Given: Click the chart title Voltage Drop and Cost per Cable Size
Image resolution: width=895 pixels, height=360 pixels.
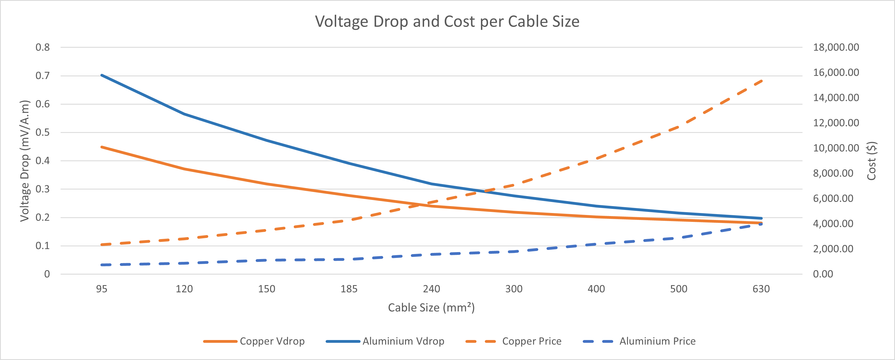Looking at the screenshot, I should pos(447,22).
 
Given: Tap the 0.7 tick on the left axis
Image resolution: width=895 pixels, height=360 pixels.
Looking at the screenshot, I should pos(43,75).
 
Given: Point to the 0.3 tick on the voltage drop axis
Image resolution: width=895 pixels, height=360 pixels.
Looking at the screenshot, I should pos(43,189).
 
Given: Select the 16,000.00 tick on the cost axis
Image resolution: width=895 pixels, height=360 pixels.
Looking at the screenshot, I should pos(836,72).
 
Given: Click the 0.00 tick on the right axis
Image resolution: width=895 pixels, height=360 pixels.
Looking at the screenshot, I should pos(823,274).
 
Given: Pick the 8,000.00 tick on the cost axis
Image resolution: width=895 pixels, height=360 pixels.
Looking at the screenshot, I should pos(833,173).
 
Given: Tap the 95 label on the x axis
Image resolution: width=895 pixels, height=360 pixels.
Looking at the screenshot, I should pos(102,289).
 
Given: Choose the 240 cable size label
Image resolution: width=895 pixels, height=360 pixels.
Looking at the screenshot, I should pos(432,289).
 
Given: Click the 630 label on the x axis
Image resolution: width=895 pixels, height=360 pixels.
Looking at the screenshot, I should pos(761,289).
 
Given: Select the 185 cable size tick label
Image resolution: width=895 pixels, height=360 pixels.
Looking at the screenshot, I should pos(349,289).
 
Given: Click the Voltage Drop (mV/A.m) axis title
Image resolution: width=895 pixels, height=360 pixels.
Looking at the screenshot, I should pos(24,161).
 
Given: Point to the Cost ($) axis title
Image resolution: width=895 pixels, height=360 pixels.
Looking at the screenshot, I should pos(871,161).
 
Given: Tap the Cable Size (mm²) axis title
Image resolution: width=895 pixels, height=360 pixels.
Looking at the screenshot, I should pos(431,308).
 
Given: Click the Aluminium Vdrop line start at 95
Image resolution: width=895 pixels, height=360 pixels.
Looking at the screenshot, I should pos(102,75).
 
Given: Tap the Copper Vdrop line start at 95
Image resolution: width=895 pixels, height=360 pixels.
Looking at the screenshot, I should pos(102,147).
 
